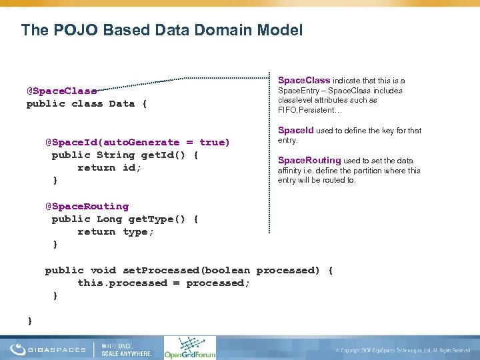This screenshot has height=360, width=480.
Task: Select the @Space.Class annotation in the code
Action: (x=61, y=91)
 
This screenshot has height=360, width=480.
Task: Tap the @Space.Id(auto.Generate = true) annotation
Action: (x=137, y=142)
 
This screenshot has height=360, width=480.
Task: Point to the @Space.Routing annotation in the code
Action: (x=87, y=206)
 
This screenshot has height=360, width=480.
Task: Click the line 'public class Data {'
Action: (x=87, y=103)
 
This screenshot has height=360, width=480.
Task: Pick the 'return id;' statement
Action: (x=109, y=167)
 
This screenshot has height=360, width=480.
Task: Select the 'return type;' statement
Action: (x=115, y=231)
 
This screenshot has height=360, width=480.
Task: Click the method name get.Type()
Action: (x=147, y=219)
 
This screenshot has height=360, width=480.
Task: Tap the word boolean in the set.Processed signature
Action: (x=226, y=270)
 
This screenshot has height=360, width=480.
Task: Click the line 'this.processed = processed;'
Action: (x=164, y=283)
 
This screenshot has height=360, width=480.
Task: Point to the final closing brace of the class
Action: (x=30, y=321)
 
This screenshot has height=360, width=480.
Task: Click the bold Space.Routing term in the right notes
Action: (x=309, y=160)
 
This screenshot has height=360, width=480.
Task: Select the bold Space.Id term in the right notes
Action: (x=295, y=131)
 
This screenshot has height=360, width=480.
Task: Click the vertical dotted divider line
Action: (x=269, y=153)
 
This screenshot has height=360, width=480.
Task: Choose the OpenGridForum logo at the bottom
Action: (x=190, y=347)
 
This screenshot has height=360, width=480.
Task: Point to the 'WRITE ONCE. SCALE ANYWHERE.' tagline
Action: (x=126, y=349)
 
